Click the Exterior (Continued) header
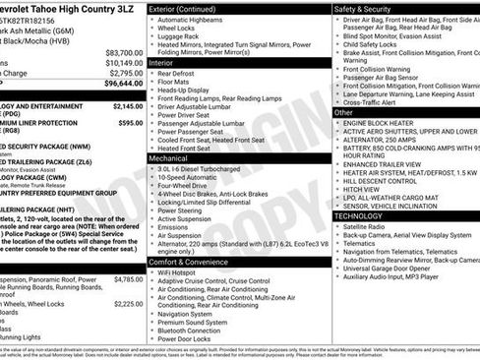(x=189, y=9)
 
